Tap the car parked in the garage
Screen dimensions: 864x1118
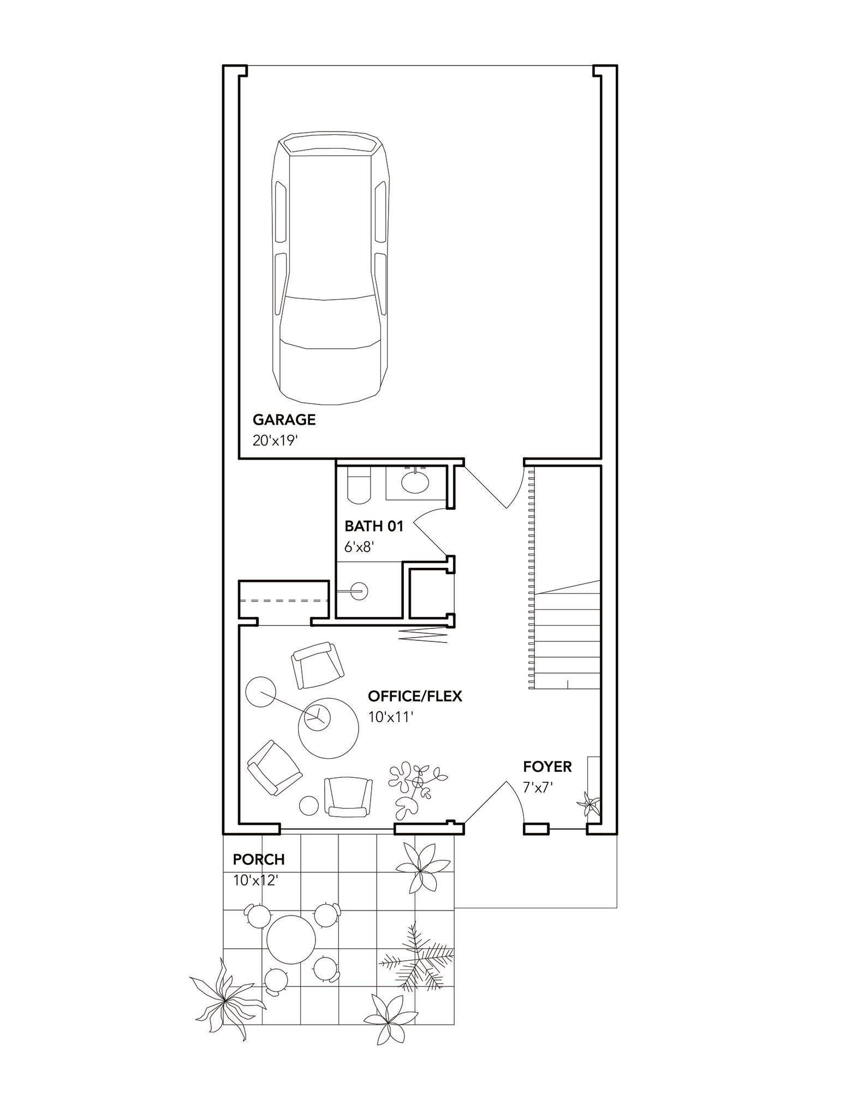331,269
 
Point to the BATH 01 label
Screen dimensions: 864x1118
374,526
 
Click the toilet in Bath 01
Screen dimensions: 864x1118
359,484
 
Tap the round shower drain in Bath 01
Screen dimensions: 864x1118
360,591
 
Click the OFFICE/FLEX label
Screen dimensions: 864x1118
415,696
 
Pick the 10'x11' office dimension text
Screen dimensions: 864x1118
390,717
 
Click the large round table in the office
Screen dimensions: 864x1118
329,727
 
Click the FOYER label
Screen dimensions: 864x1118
547,766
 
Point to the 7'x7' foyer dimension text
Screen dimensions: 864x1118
538,788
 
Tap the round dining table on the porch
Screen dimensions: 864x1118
291,940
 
